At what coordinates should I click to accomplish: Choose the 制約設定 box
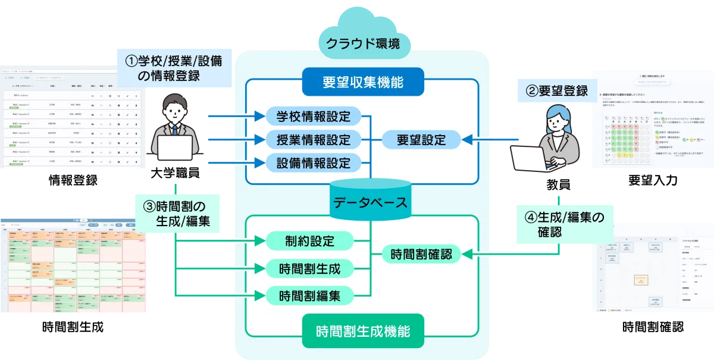pos(309,241)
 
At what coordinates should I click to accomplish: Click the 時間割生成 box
pos(309,268)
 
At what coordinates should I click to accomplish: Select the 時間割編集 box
pos(309,295)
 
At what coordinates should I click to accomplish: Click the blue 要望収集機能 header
pos(362,83)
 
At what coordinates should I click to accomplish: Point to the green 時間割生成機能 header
pos(362,331)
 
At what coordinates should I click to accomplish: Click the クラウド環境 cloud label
pos(362,43)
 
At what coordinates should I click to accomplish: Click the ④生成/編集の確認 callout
pos(559,224)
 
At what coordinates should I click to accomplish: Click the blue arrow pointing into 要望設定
pos(488,139)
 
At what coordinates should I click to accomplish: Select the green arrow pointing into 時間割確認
pos(488,255)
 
